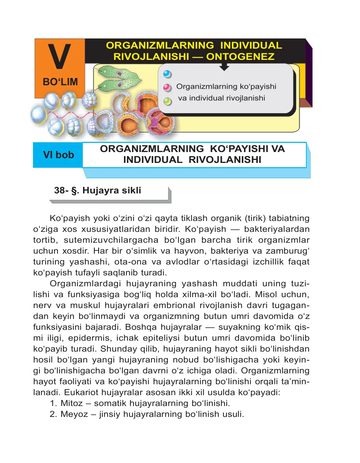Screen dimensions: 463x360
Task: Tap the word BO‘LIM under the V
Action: pos(60,82)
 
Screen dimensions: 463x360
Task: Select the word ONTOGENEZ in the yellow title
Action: pos(240,57)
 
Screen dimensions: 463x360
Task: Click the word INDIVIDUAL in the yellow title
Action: pos(251,45)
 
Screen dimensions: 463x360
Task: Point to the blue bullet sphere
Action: pos(167,74)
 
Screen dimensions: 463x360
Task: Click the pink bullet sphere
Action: pos(167,87)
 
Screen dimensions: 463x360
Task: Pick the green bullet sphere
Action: pos(167,101)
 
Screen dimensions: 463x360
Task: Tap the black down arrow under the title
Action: pos(224,66)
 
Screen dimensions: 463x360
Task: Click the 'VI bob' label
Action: pos(58,155)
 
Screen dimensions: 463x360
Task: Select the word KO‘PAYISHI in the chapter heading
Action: pos(239,149)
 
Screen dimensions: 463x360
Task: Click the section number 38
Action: pos(59,190)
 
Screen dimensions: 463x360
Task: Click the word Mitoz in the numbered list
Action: pos(72,403)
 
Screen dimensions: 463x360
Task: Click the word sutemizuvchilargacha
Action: pos(111,240)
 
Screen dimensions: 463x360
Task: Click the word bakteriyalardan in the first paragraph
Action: pos(277,229)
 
